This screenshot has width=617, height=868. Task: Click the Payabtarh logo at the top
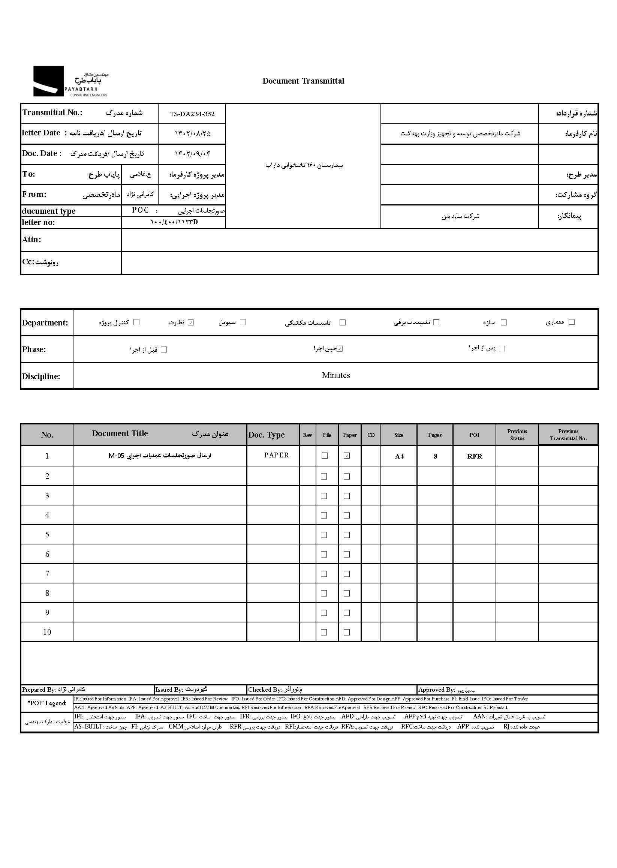(70, 81)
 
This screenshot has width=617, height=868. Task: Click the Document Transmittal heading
(303, 81)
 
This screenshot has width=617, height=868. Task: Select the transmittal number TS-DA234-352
(192, 114)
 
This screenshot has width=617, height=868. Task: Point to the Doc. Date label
(41, 153)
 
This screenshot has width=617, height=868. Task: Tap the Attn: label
(31, 240)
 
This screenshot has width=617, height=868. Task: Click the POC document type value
(140, 210)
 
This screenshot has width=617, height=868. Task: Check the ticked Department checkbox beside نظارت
(191, 322)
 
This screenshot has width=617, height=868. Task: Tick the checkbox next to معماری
(571, 322)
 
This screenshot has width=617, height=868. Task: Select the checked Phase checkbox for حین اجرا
(340, 349)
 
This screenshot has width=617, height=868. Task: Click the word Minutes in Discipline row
(336, 375)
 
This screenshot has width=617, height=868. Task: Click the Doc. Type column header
(266, 435)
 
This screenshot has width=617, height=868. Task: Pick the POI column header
(474, 435)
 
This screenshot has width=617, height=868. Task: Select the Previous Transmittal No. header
(568, 435)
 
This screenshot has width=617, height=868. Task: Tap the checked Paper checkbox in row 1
(347, 456)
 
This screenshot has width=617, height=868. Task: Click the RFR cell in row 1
(475, 456)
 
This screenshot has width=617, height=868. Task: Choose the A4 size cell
(399, 456)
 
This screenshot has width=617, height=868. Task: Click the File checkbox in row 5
(324, 535)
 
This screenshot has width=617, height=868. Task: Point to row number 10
(47, 632)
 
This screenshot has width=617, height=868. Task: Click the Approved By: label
(437, 690)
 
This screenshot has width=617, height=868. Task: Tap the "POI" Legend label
(47, 703)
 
